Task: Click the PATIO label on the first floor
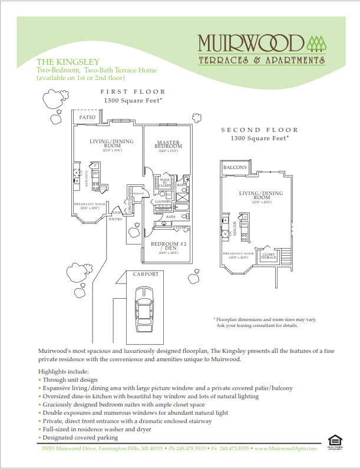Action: click(88, 117)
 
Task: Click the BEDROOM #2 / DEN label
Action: click(169, 246)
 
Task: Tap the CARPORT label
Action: click(145, 274)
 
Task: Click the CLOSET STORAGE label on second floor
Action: click(269, 255)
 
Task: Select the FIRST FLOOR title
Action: click(133, 92)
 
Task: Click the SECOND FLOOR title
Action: click(259, 130)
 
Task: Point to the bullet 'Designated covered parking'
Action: click(80, 437)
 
